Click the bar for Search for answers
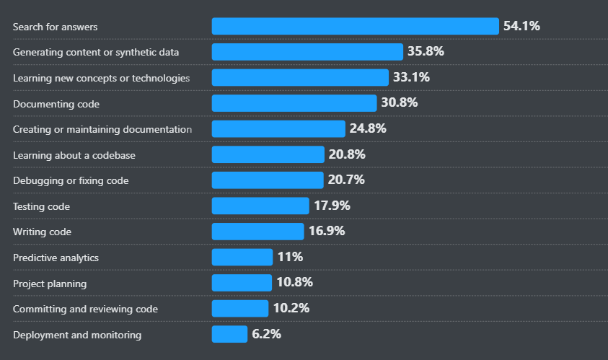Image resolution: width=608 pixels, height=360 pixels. pyautogui.click(x=355, y=27)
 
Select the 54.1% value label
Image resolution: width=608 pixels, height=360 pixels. pyautogui.click(x=521, y=27)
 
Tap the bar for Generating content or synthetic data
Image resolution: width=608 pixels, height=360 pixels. pyautogui.click(x=307, y=52)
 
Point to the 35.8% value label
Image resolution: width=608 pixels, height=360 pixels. pyautogui.click(x=426, y=52)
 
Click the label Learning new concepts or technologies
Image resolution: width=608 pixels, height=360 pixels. pyautogui.click(x=101, y=78)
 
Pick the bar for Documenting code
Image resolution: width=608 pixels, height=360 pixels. pyautogui.click(x=294, y=103)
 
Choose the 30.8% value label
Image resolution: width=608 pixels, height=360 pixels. pyautogui.click(x=400, y=103)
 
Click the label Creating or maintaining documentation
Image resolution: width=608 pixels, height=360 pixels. pyautogui.click(x=102, y=129)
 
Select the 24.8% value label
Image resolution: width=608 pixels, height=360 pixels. pyautogui.click(x=368, y=129)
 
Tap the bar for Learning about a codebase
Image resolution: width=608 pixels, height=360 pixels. pyautogui.click(x=268, y=154)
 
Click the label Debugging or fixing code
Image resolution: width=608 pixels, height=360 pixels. pyautogui.click(x=71, y=180)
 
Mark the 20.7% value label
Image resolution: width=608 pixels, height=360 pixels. pyautogui.click(x=346, y=180)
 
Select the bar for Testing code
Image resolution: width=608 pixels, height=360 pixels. pyautogui.click(x=260, y=206)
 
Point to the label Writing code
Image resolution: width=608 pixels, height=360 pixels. pyautogui.click(x=42, y=232)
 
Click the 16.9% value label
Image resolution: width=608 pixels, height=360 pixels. pyautogui.click(x=327, y=232)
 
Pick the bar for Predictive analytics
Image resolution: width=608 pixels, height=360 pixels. pyautogui.click(x=242, y=258)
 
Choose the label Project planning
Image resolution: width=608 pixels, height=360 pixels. pyautogui.click(x=50, y=283)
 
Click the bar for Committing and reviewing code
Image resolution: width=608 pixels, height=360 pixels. pyautogui.click(x=240, y=309)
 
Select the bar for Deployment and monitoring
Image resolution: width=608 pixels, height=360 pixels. pyautogui.click(x=229, y=334)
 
